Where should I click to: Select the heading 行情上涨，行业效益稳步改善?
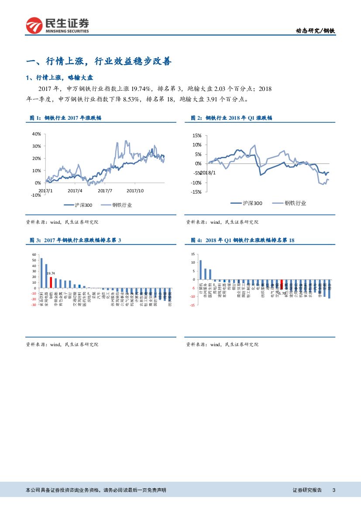click(x=99, y=61)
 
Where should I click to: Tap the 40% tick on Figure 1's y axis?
click(x=36, y=134)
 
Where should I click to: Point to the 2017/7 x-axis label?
click(x=105, y=191)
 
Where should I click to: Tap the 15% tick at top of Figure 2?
click(x=196, y=136)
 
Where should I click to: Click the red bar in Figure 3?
click(x=51, y=282)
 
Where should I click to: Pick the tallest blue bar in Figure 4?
click(x=200, y=270)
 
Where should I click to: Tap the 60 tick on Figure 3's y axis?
click(x=34, y=254)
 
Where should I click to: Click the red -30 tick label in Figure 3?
click(x=33, y=305)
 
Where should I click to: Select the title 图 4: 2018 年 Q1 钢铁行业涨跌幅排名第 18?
click(x=244, y=240)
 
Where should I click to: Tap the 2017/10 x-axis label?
click(x=135, y=191)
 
